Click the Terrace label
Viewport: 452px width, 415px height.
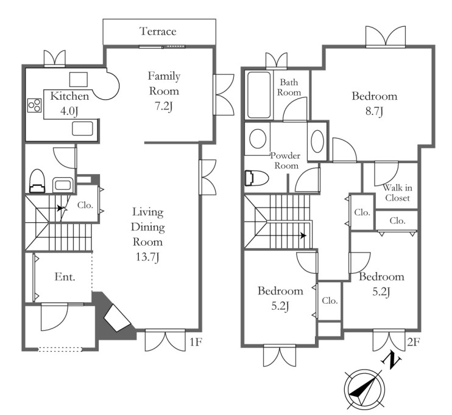[x=158, y=32]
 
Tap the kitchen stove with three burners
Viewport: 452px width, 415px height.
[x=35, y=105]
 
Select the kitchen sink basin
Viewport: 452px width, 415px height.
[x=82, y=128]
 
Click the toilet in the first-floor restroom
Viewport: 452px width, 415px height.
[x=37, y=181]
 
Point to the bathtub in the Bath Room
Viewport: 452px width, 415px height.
[x=259, y=95]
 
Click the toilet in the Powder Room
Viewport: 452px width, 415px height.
[x=256, y=178]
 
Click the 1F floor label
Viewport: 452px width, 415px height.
[x=196, y=342]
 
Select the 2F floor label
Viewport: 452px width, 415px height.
[x=413, y=342]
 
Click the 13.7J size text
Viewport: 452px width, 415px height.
[x=147, y=257]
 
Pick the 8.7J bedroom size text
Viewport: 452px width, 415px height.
[x=374, y=111]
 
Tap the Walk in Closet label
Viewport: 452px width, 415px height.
[x=397, y=193]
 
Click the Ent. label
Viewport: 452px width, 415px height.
[x=65, y=277]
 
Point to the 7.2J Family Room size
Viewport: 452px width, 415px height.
[x=163, y=106]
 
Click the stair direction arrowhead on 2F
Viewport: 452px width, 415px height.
[x=303, y=235]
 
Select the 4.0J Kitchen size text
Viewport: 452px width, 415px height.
[x=69, y=111]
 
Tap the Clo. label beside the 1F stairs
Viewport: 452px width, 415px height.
[x=85, y=205]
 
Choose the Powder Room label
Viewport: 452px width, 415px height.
[x=285, y=161]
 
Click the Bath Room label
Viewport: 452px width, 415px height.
[x=289, y=88]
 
